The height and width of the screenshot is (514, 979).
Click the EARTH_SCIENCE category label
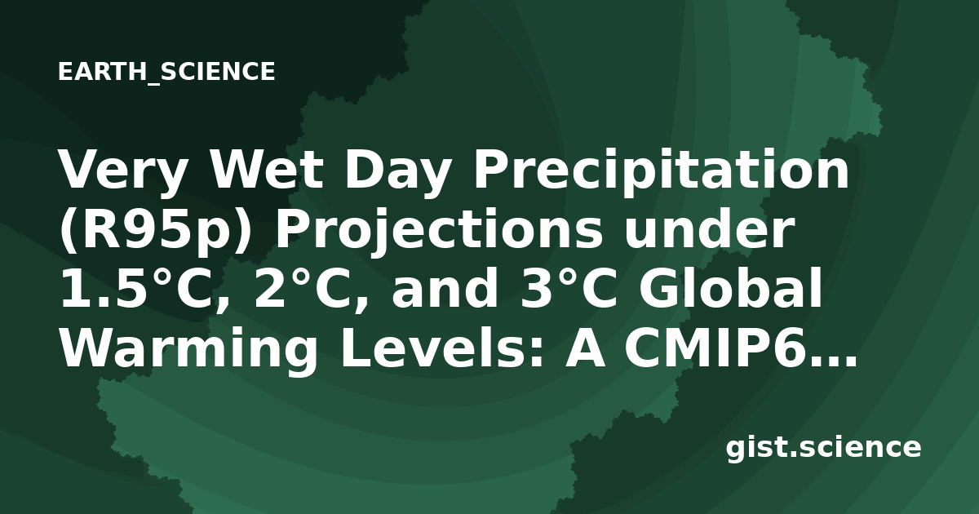point(166,72)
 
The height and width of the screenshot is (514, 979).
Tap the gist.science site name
point(823,449)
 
